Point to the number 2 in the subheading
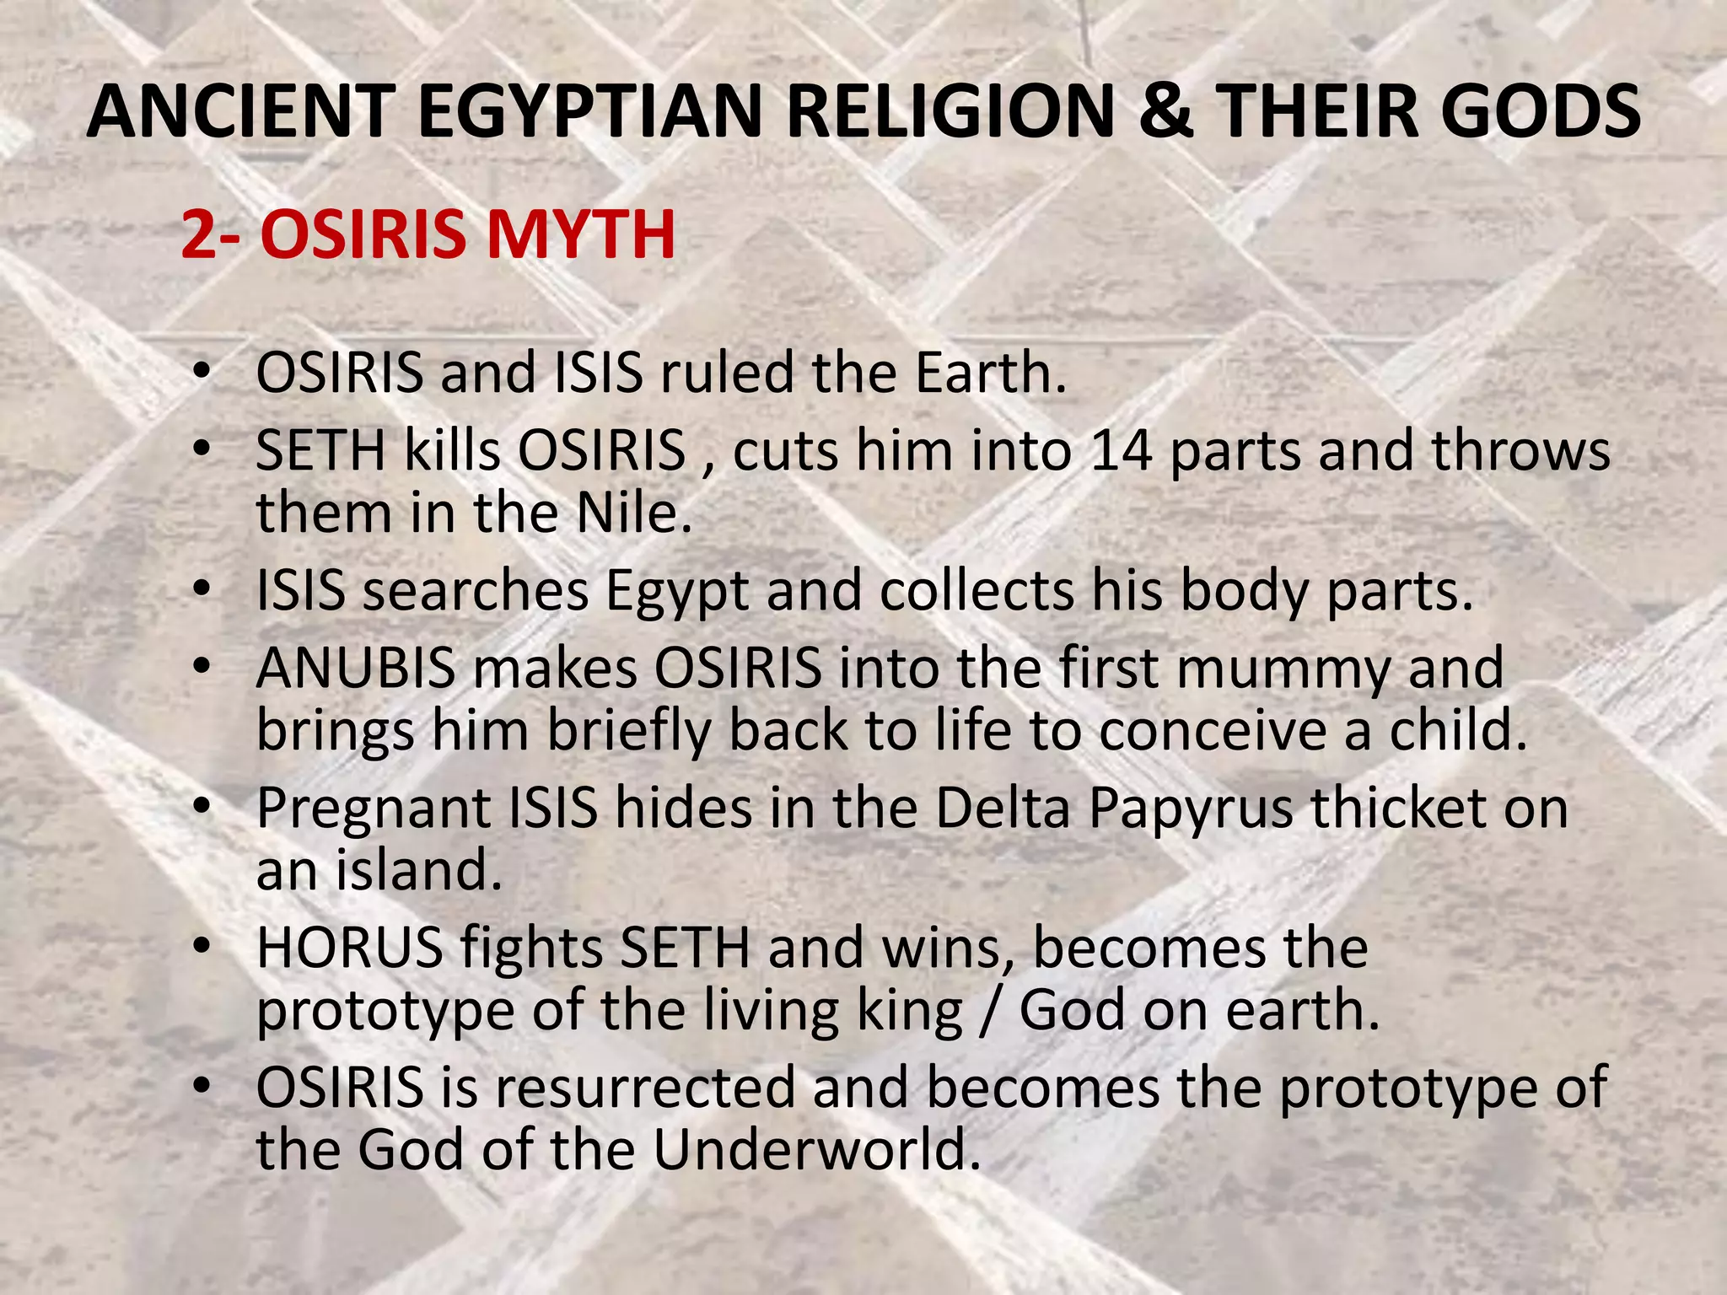point(199,234)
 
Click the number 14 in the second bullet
point(1121,450)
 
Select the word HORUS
point(350,948)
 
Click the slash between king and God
point(990,1010)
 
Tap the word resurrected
point(645,1088)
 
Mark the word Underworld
point(816,1149)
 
